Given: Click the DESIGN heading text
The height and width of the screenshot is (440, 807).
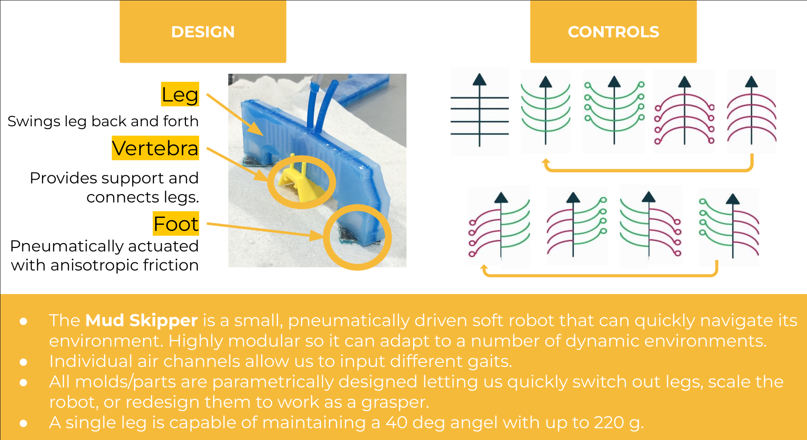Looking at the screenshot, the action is click(x=203, y=32).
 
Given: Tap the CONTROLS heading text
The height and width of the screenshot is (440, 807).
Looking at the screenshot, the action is click(x=613, y=32).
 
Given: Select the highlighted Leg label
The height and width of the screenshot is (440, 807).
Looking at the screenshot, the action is click(x=180, y=94).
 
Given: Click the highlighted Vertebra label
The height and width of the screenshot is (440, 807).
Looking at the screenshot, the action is click(x=155, y=148).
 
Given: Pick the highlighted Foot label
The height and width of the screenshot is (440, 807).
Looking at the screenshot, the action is click(x=176, y=224).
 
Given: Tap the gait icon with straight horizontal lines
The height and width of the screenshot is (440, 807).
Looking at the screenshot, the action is click(x=479, y=111).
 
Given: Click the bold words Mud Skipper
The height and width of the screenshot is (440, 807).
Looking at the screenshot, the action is click(x=142, y=320).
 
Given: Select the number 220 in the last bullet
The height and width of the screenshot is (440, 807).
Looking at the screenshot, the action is click(x=609, y=423).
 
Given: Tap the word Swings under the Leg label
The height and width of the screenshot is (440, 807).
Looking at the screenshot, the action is click(x=34, y=122).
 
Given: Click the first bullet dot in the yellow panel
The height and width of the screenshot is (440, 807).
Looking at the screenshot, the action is click(x=23, y=321).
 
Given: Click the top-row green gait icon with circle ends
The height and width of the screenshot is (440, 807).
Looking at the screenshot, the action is click(x=614, y=111).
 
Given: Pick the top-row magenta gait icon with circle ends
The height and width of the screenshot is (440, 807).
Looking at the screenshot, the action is click(x=685, y=111).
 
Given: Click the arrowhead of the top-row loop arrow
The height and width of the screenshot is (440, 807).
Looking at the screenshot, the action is click(x=545, y=162).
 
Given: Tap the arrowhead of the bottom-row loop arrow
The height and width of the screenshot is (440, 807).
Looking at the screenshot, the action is click(x=485, y=267).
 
